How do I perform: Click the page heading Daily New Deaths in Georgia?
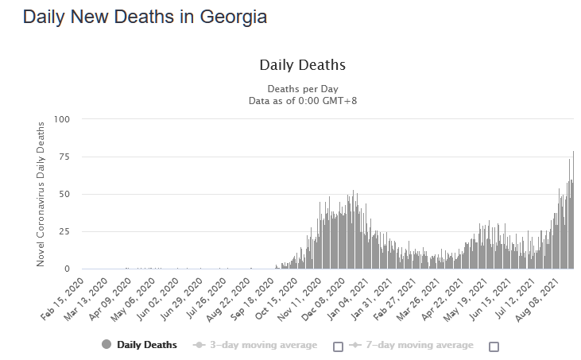pos(145,17)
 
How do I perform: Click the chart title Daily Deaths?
pos(302,64)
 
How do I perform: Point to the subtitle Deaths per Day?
pos(302,88)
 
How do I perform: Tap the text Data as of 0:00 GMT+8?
pos(302,100)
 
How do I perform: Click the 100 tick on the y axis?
pos(62,119)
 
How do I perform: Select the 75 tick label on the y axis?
pos(65,157)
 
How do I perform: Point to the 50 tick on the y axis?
pos(65,194)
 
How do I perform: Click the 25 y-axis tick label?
pos(65,231)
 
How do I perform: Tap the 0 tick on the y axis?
pos(68,269)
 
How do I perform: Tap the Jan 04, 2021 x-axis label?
pos(351,297)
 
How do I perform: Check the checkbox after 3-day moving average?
pos(338,346)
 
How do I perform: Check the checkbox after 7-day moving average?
pos(494,346)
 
